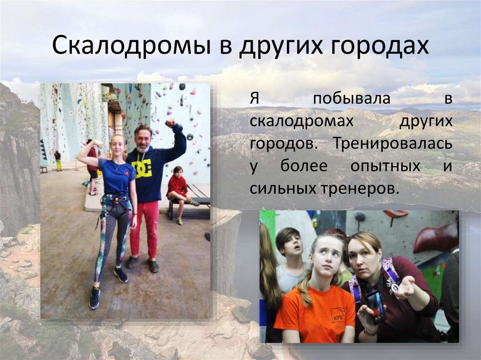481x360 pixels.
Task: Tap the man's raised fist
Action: coord(170,123)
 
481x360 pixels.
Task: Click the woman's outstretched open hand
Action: coord(405,287)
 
